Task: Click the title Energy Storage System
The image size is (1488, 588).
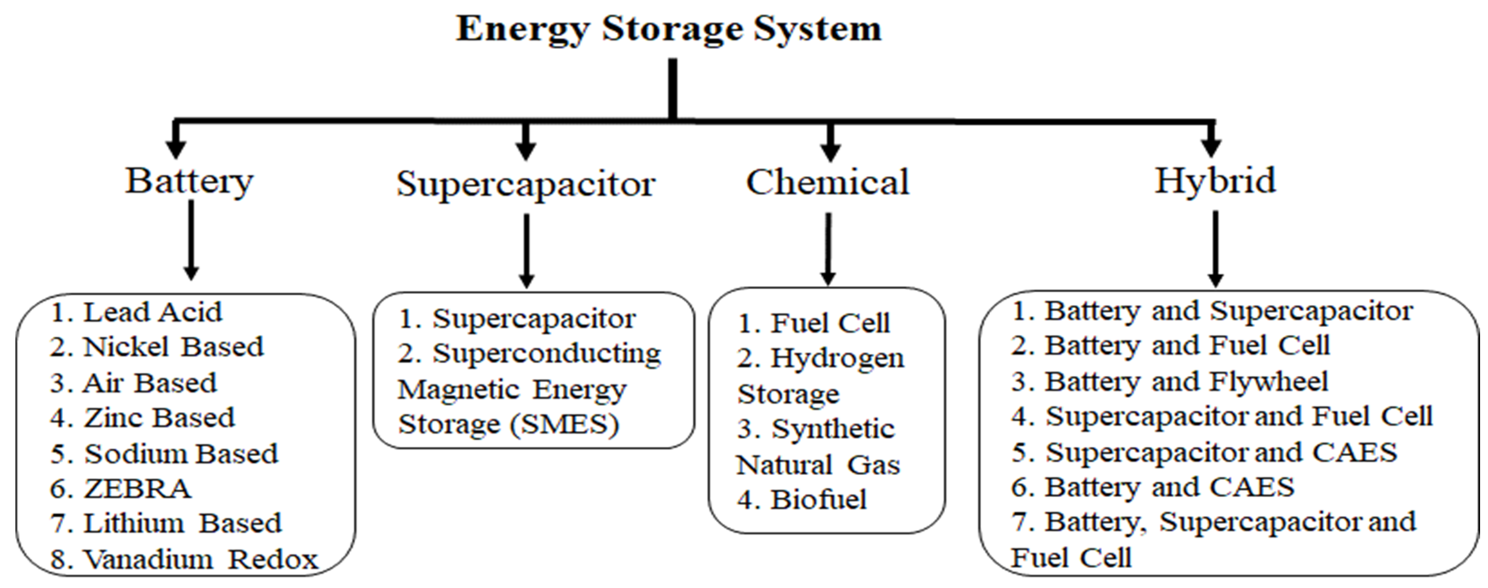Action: (x=669, y=29)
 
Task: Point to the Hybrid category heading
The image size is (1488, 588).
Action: (x=1214, y=181)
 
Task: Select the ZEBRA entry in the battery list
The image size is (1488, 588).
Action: (x=137, y=489)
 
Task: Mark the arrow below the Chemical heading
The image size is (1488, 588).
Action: (x=828, y=248)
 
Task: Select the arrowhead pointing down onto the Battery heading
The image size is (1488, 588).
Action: (x=176, y=147)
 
